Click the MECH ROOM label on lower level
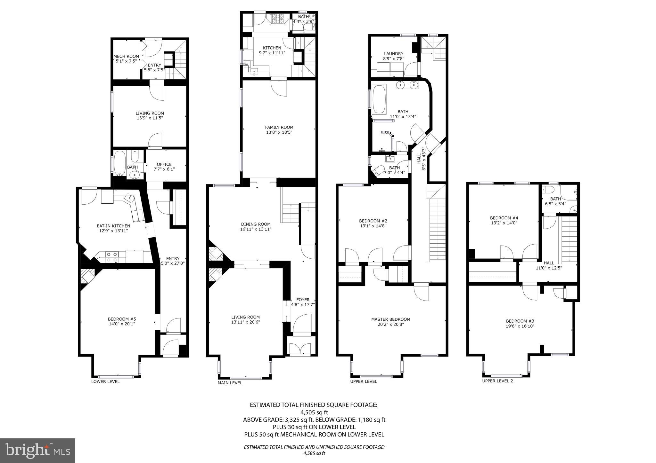[126, 56]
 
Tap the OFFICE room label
[164, 164]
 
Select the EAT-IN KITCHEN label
[113, 226]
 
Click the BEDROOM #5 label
[122, 319]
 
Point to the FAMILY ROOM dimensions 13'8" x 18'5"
[279, 132]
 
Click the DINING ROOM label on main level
[256, 224]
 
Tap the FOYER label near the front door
[303, 300]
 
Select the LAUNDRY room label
[393, 54]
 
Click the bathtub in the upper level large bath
[379, 99]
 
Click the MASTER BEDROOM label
[390, 319]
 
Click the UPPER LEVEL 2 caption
[497, 381]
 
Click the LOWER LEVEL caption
[105, 381]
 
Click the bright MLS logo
[37, 451]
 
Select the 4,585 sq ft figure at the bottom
[314, 453]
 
